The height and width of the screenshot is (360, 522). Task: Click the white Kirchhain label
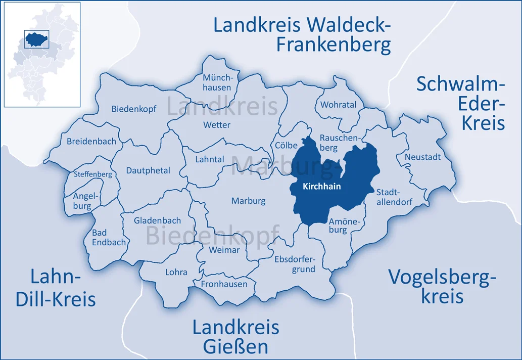[x=321, y=187]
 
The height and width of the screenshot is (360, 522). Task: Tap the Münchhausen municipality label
[x=217, y=82]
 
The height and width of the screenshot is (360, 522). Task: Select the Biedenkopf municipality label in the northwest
[x=134, y=109]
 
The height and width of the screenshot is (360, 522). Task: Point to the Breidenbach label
[x=91, y=142]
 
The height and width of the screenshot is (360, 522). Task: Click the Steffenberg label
[x=93, y=174]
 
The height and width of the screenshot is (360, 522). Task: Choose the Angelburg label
[x=81, y=201]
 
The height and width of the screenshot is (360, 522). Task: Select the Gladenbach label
[x=157, y=221]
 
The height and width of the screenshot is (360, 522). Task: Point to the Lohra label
[x=176, y=272]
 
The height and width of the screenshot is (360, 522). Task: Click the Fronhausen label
[x=224, y=284]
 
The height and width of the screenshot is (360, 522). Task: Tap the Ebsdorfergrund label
[x=295, y=264]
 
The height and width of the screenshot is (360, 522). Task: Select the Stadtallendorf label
[x=394, y=197]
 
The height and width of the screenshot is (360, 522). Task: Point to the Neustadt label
[x=422, y=157]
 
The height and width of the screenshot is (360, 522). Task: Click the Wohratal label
[x=338, y=105]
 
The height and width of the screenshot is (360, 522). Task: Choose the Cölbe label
[x=287, y=145]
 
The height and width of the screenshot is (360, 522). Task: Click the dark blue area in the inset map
[x=36, y=38]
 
